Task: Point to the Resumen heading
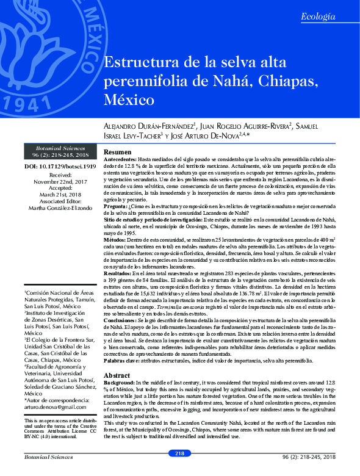point(118,152)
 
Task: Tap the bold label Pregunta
point(116,207)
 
